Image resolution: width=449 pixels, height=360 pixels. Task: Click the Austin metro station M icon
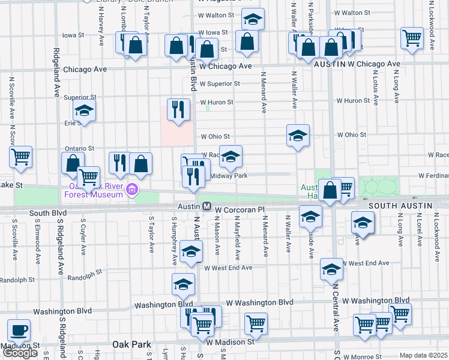point(206,206)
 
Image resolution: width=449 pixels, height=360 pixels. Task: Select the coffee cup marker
point(19,331)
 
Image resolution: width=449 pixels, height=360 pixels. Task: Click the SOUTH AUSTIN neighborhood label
point(400,206)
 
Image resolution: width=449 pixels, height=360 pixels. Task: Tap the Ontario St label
point(80,148)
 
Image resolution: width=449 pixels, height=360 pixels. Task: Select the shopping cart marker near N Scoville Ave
point(21,157)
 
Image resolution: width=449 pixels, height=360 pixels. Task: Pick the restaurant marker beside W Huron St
point(178,109)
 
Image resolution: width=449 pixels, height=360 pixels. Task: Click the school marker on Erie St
point(84,110)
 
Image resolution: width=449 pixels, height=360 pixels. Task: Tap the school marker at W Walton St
point(253,20)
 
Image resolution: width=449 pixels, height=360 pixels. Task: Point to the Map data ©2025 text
point(423,355)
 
